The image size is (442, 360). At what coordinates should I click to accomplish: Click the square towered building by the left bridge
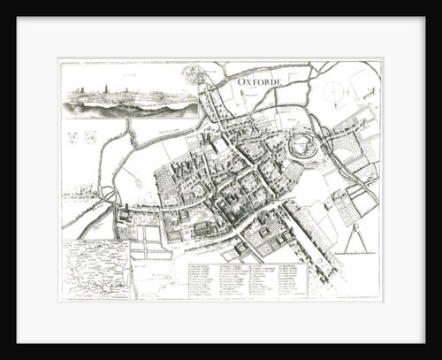pyautogui.click(x=126, y=213)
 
